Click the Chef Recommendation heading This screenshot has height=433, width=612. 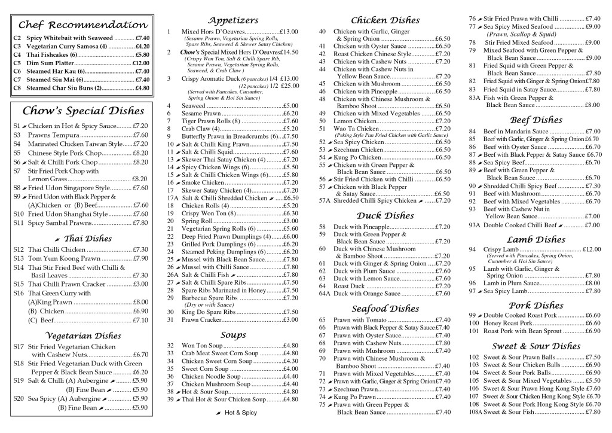(x=83, y=25)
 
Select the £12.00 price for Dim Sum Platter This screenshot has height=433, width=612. (x=140, y=63)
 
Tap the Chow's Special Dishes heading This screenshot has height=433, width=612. (x=83, y=111)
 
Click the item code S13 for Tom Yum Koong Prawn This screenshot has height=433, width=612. (x=19, y=258)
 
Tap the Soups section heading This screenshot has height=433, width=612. (x=233, y=334)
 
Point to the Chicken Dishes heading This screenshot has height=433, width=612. (x=385, y=20)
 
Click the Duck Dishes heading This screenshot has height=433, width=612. (x=385, y=215)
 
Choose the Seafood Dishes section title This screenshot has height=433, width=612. (x=385, y=309)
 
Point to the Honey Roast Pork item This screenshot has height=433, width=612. (x=507, y=323)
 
